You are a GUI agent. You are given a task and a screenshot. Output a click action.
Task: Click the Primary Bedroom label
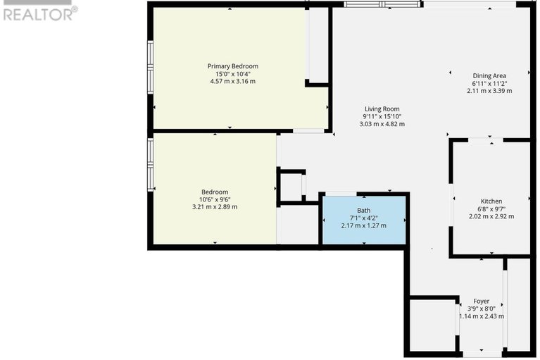coord(232,66)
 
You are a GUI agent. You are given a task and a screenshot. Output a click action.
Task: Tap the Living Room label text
coord(382,109)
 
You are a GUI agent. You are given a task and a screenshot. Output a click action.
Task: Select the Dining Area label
coord(489,75)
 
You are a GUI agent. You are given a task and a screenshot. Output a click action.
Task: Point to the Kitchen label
coord(491,201)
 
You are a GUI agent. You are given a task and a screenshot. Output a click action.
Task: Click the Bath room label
coord(363,210)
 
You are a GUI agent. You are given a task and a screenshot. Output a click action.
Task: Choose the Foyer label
coord(481,302)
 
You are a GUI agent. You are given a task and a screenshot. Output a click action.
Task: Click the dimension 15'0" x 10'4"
coord(232,74)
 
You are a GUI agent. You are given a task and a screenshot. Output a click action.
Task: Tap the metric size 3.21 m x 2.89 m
coord(215,207)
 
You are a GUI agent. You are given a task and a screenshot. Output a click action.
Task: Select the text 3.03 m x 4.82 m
coord(382,124)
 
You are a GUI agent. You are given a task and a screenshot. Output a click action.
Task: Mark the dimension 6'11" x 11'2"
coord(489,83)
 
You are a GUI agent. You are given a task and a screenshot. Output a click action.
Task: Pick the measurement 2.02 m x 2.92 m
coord(491,216)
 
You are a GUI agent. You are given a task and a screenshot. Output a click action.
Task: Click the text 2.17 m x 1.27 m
coord(363,225)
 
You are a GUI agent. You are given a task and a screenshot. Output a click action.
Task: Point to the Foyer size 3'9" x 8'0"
coord(482,309)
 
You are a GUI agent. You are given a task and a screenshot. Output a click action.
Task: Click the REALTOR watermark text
coord(39,13)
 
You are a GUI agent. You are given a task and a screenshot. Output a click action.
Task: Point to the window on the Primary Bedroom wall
coord(150,67)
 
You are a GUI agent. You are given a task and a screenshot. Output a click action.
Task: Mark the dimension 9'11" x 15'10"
coord(382,116)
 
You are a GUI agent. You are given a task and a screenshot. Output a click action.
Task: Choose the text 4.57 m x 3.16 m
coord(232,81)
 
